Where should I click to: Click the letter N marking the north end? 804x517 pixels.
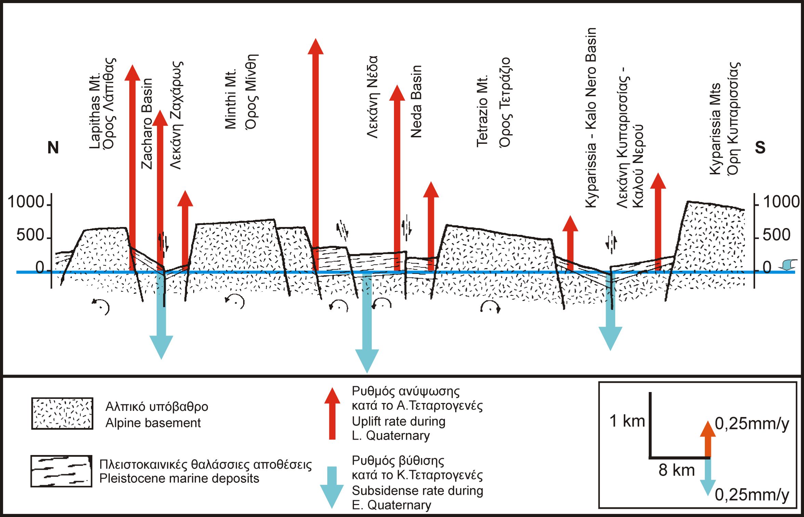click(53, 148)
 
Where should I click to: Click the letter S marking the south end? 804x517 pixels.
click(760, 148)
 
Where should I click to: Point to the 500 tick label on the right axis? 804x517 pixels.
click(776, 235)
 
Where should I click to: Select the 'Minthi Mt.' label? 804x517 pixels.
click(231, 99)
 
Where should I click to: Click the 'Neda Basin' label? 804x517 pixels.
click(416, 102)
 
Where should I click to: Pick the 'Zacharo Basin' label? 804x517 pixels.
click(147, 124)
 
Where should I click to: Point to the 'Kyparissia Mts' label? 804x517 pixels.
click(715, 129)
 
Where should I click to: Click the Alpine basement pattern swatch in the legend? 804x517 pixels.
click(62, 413)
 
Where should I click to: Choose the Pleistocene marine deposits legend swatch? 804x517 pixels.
click(61, 471)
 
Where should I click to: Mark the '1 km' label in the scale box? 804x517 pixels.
click(627, 421)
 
